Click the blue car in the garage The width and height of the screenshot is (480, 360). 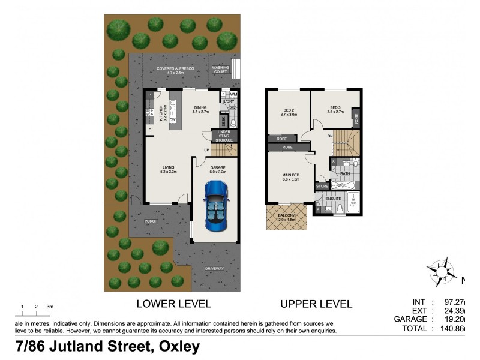pyautogui.click(x=216, y=206)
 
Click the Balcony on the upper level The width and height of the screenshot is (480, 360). pyautogui.click(x=286, y=217)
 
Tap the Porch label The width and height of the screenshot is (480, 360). pyautogui.click(x=151, y=221)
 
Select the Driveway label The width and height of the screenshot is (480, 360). pyautogui.click(x=214, y=268)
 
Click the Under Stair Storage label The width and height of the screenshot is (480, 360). pyautogui.click(x=224, y=137)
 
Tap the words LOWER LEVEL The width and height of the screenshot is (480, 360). pyautogui.click(x=174, y=304)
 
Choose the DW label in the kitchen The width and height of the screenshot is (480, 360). pyautogui.click(x=172, y=120)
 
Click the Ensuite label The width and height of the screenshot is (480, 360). pyautogui.click(x=333, y=197)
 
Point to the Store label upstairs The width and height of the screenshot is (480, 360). pyautogui.click(x=322, y=187)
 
